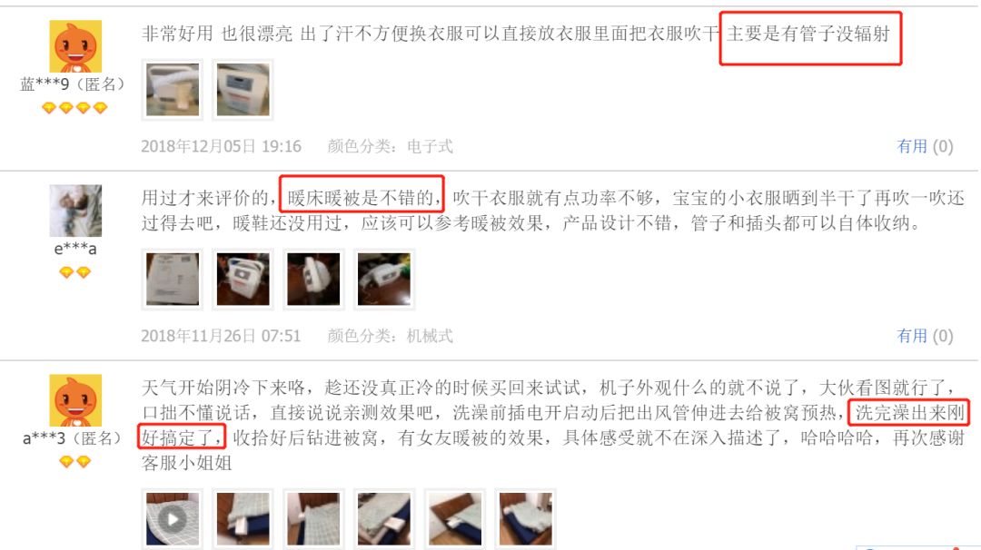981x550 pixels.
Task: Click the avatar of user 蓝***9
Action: coord(74,45)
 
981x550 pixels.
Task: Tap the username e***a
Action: coord(74,249)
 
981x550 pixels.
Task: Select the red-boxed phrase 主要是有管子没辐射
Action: coord(810,36)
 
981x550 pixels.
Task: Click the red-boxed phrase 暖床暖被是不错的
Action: coord(362,197)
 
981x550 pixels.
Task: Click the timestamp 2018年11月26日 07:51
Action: coord(221,336)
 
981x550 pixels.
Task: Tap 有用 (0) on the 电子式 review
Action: coord(925,146)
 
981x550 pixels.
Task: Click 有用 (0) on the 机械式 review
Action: coord(925,336)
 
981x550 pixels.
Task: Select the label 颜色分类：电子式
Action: coord(390,146)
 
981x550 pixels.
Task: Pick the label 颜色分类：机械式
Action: coord(390,336)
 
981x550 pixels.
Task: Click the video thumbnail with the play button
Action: coord(173,519)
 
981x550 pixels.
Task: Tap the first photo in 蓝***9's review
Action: coord(173,89)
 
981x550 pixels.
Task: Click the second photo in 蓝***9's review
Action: coord(243,89)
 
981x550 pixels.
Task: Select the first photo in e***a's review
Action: coord(173,279)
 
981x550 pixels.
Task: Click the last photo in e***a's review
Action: coord(383,279)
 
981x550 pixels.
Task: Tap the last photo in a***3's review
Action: coord(525,519)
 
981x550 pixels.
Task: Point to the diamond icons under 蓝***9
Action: coord(74,108)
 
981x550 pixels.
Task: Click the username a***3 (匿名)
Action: coord(73,438)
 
